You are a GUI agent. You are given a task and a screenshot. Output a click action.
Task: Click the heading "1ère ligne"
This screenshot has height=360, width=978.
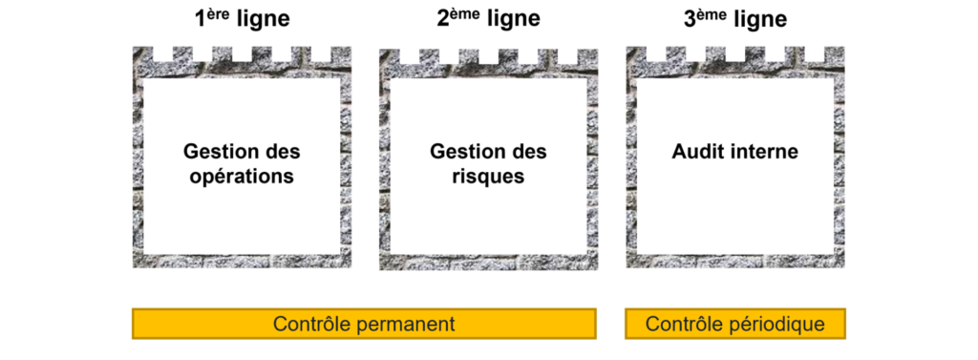[242, 19]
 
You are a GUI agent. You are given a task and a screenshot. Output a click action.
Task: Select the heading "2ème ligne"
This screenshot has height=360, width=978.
[488, 19]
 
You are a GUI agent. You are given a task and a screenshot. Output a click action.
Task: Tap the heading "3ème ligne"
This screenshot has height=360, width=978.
[735, 19]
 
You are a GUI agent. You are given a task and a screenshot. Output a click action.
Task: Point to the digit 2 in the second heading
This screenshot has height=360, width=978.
[443, 20]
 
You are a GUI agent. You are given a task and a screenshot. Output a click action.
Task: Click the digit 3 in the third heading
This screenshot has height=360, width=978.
[691, 20]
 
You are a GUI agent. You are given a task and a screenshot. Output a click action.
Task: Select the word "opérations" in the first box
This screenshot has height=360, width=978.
[242, 177]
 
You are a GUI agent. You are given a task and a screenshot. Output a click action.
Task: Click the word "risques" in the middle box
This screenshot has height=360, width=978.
[488, 177]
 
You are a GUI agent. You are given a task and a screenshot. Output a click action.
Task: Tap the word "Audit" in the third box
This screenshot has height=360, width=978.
[701, 152]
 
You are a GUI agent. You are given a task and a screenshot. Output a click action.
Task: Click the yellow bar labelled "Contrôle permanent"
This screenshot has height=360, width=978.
[364, 324]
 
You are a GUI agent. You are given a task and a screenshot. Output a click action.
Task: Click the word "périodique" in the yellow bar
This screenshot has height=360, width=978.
[777, 324]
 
